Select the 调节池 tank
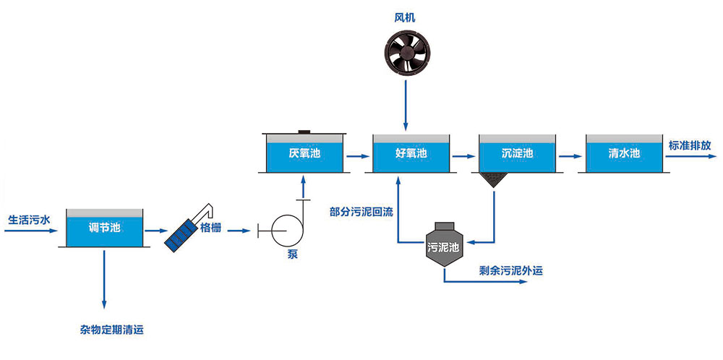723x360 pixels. click(x=103, y=228)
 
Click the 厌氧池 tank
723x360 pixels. click(x=304, y=153)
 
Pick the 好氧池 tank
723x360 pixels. click(x=411, y=153)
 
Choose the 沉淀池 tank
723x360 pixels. click(x=517, y=153)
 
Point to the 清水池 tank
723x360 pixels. click(x=623, y=153)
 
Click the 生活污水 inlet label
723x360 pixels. click(x=30, y=218)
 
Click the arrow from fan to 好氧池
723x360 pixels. click(x=406, y=104)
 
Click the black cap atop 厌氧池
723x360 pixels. click(x=304, y=132)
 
